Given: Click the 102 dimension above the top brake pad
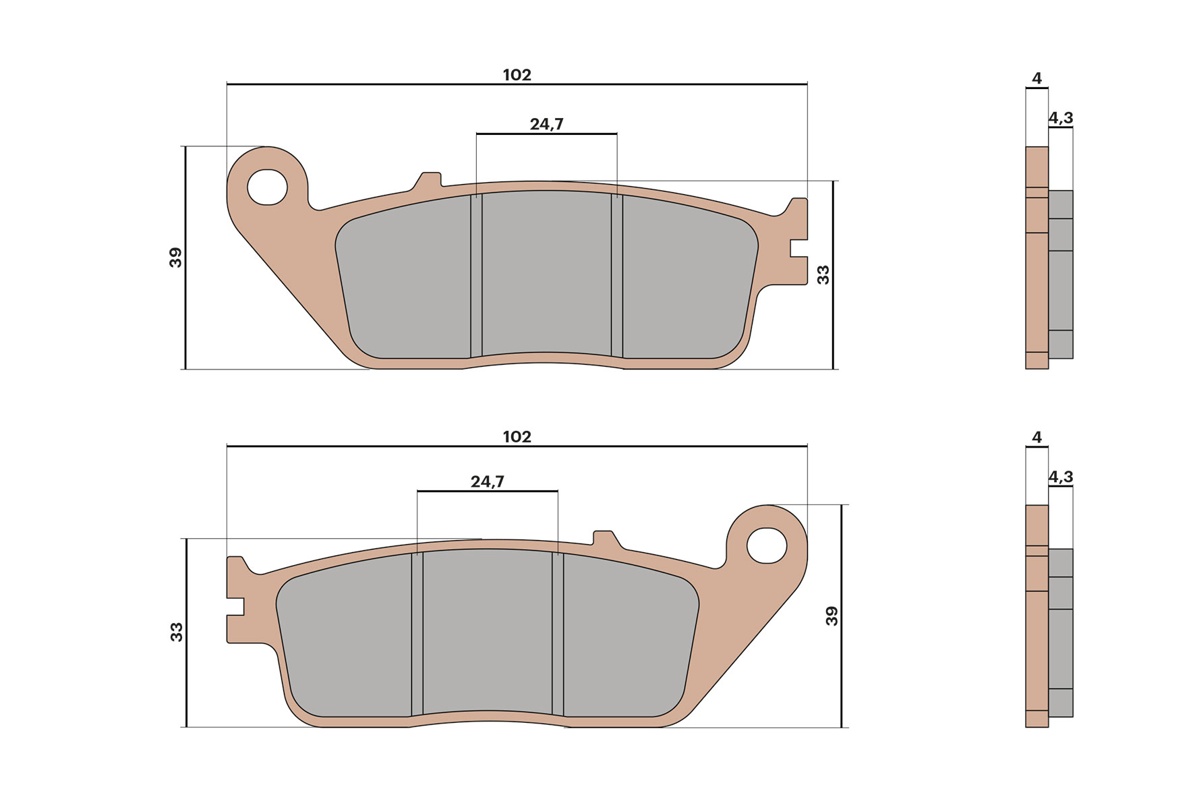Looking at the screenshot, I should pyautogui.click(x=517, y=75).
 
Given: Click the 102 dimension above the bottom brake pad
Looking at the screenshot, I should pyautogui.click(x=517, y=437).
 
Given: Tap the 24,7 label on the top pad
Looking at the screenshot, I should pyautogui.click(x=546, y=124).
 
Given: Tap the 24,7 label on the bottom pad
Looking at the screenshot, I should pyautogui.click(x=487, y=481).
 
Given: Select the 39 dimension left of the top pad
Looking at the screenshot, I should pyautogui.click(x=175, y=258).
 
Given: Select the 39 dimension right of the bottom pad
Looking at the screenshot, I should pyautogui.click(x=832, y=616).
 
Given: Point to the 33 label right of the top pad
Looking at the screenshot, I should pyautogui.click(x=823, y=274).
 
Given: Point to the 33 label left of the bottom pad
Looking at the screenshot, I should pyautogui.click(x=176, y=632).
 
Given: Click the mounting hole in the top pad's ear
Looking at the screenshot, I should pyautogui.click(x=267, y=187).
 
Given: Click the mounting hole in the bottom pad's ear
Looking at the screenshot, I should pyautogui.click(x=767, y=545).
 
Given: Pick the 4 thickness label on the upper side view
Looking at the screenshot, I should pyautogui.click(x=1037, y=78).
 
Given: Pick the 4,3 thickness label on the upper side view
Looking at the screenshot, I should pyautogui.click(x=1060, y=118).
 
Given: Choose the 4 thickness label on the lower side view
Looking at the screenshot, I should pyautogui.click(x=1037, y=437).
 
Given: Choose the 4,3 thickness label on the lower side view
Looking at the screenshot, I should pyautogui.click(x=1060, y=477).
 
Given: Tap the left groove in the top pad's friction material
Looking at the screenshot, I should pyautogui.click(x=476, y=276).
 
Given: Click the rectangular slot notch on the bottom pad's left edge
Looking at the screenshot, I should pyautogui.click(x=235, y=606).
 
